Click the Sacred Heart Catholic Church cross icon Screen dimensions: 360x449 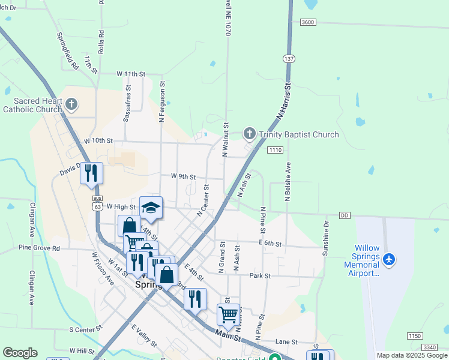click(71, 105)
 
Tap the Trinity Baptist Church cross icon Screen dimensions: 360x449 click(250, 134)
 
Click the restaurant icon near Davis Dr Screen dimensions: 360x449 click(91, 173)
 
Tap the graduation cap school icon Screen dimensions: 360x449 click(151, 208)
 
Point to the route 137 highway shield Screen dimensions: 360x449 click(289, 59)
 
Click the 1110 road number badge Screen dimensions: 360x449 click(276, 150)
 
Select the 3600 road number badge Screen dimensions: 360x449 click(308, 22)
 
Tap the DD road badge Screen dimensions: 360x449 click(344, 215)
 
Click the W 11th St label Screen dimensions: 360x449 click(131, 74)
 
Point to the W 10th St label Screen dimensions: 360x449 click(98, 140)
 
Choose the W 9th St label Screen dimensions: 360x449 click(183, 176)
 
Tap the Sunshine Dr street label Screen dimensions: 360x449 click(326, 239)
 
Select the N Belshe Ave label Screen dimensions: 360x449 click(288, 179)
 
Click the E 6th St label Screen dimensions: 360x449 click(270, 243)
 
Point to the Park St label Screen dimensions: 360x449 click(260, 276)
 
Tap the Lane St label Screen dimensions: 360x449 click(286, 341)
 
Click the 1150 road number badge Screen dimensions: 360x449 click(414, 335)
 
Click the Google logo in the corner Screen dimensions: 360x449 click(20, 353)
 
